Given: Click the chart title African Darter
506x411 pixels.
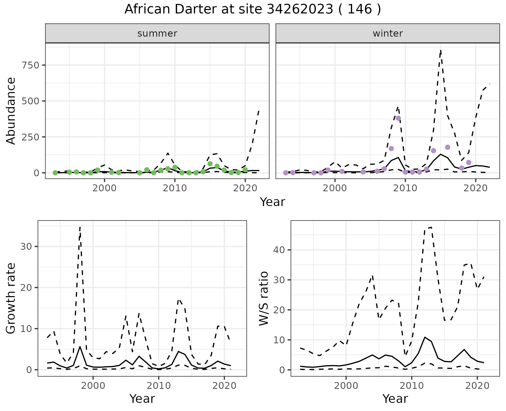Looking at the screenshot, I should tap(253, 9).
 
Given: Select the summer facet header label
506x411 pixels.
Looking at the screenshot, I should tap(157, 33).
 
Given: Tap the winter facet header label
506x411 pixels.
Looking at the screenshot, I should tap(388, 33).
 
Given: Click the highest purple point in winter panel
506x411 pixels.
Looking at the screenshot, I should tap(398, 118).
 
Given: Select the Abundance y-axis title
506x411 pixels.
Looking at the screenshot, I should tap(11, 111).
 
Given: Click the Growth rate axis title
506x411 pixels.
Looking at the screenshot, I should tap(11, 298).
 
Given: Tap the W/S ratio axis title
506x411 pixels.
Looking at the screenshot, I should tap(264, 298).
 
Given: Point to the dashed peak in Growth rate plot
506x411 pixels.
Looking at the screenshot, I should tap(80, 227).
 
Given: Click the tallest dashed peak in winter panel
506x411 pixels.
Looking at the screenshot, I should tap(441, 50).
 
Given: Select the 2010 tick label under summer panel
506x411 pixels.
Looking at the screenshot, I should tap(175, 188).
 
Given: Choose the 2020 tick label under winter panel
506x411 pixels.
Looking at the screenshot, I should tap(475, 188).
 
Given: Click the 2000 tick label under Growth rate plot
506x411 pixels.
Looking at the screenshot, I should tap(93, 386).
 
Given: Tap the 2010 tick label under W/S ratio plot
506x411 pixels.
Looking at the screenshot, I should tap(411, 386).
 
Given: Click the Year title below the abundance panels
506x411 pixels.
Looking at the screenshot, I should tap(273, 202).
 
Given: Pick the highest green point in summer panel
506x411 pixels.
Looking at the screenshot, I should tap(210, 164).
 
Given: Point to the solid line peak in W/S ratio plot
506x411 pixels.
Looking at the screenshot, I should tap(425, 337).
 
